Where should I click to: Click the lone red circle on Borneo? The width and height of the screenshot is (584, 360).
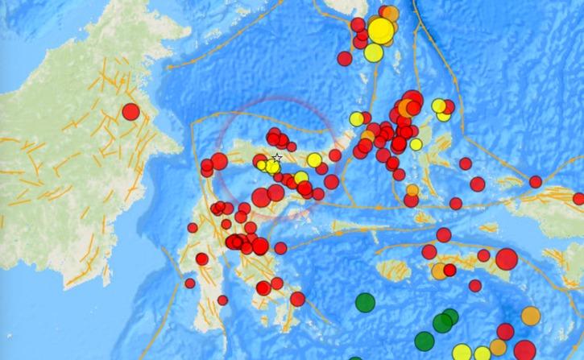click(x=130, y=112)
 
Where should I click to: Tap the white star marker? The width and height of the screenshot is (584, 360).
click(x=277, y=158)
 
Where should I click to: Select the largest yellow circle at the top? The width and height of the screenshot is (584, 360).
click(x=380, y=31)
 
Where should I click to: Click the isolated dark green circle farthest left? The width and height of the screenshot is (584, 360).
click(x=365, y=303)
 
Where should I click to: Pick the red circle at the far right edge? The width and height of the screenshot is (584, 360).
click(x=579, y=198)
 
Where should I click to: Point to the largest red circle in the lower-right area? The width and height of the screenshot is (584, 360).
click(x=507, y=259)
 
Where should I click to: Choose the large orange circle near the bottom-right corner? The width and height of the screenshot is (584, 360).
click(x=531, y=315)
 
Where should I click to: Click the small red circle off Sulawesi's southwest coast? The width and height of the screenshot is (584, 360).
click(x=190, y=283)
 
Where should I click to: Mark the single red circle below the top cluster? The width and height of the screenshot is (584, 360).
click(x=345, y=58)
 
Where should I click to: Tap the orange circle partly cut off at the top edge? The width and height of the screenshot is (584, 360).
click(x=390, y=13)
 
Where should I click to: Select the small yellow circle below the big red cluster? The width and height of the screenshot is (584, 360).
click(x=416, y=145)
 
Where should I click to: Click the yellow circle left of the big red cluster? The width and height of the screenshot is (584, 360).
click(x=355, y=119)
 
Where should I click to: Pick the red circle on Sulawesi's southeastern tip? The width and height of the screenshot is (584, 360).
click(x=297, y=299)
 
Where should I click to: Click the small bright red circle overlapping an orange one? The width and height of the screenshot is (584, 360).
click(x=449, y=269)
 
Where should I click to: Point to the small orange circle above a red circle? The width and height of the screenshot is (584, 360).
click(x=412, y=191)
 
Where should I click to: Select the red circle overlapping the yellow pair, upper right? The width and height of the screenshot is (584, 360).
click(x=449, y=106)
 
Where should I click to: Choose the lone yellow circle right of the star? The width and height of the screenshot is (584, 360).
click(x=314, y=160)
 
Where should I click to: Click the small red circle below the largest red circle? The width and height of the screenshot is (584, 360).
click(x=475, y=285)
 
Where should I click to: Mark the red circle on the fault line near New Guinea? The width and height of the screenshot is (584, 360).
click(x=535, y=182)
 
